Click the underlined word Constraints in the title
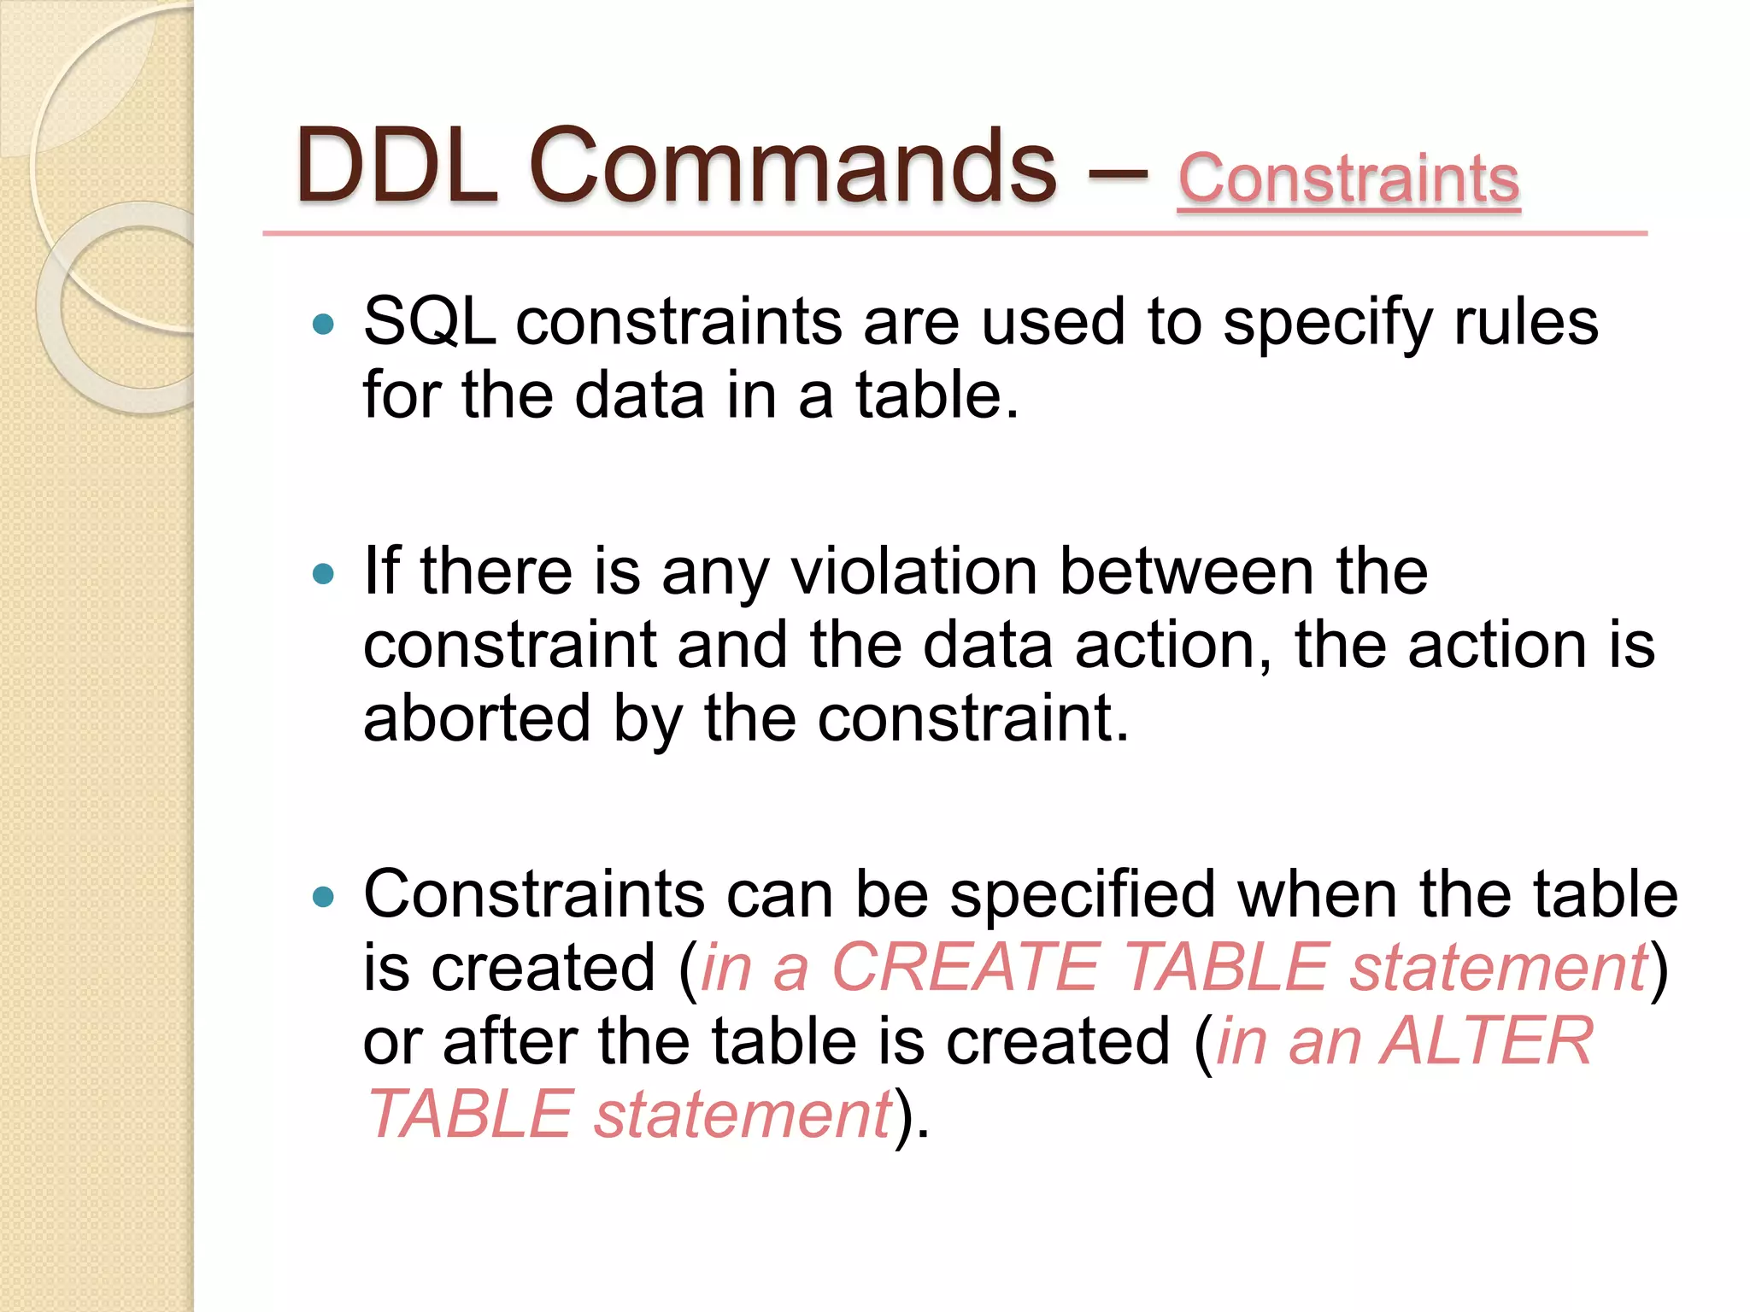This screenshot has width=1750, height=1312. pyautogui.click(x=1348, y=179)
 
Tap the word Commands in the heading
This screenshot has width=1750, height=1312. pyautogui.click(x=793, y=166)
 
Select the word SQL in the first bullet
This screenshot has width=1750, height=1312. pyautogui.click(x=429, y=323)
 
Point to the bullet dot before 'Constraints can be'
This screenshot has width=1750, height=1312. pyautogui.click(x=323, y=897)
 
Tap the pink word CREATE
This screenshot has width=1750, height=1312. pyautogui.click(x=965, y=968)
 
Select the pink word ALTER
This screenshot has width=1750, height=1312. pyautogui.click(x=1486, y=1041)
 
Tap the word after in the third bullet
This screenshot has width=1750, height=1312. pyautogui.click(x=508, y=1042)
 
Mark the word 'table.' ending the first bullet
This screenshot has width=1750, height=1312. pyautogui.click(x=937, y=396)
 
